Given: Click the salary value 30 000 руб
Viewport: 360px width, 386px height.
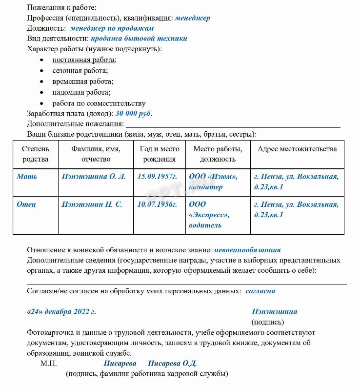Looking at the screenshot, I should tap(133, 113).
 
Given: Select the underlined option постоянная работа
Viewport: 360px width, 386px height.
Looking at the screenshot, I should tap(84, 60).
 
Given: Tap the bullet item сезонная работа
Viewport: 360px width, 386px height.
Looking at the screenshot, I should tap(80, 71).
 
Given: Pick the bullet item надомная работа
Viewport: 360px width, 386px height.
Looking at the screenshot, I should tap(81, 92).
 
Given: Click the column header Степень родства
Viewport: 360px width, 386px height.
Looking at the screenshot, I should tap(35, 154).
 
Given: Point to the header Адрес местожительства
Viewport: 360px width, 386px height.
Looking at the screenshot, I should tap(297, 149).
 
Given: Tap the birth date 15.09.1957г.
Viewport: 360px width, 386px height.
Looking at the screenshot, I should tap(157, 176).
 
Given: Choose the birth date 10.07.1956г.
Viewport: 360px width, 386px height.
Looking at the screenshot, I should tap(157, 204).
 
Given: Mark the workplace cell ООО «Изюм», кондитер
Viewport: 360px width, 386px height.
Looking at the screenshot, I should tap(213, 182).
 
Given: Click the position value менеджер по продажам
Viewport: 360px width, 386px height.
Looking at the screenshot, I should tap(112, 28).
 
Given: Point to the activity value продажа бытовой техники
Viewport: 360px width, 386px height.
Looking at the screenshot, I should tap(139, 39).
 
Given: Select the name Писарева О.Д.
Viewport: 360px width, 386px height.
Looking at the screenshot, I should tap(172, 364).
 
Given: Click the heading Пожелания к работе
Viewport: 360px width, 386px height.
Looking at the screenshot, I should tap(61, 8).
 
